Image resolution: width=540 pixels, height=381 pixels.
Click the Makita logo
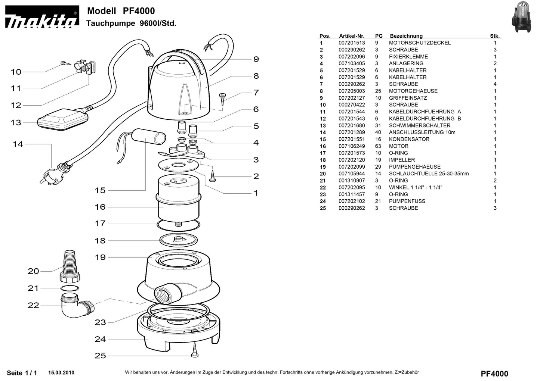pyautogui.click(x=42, y=18)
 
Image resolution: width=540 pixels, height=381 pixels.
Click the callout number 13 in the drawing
pyautogui.click(x=16, y=122)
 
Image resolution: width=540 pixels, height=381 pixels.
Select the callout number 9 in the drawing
pyautogui.click(x=256, y=59)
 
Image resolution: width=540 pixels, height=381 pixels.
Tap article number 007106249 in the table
pyautogui.click(x=352, y=146)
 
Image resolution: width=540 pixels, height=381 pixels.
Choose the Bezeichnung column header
pyautogui.click(x=406, y=36)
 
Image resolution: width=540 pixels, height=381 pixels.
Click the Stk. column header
pyautogui.click(x=495, y=36)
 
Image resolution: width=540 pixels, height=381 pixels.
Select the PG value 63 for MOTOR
pyautogui.click(x=378, y=146)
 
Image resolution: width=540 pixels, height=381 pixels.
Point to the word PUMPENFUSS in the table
pyautogui.click(x=407, y=201)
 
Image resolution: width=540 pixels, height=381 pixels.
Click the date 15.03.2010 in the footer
pyautogui.click(x=61, y=372)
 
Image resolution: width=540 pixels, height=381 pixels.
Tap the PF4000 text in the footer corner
pyautogui.click(x=494, y=374)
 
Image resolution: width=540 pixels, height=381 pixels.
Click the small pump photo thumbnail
pyautogui.click(x=524, y=17)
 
